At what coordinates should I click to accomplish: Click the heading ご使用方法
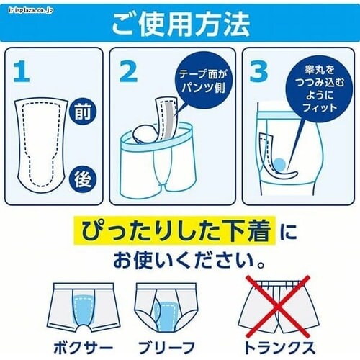pos(181,24)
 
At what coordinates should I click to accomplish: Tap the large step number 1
pos(22,71)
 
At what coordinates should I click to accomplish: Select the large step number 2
pos(128,71)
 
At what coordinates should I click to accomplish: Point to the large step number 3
pos(258,71)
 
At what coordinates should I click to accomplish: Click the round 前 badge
pos(83,112)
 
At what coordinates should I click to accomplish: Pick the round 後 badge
pos(83,179)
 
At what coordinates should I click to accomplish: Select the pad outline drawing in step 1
pos(40,145)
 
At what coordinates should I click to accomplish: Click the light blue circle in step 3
pos(279,164)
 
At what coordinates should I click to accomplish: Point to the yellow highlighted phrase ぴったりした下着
pos(175,230)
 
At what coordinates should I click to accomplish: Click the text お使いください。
pos(189,261)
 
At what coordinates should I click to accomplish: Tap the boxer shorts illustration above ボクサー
pos(83,307)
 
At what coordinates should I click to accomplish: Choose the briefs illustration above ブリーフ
pos(166,307)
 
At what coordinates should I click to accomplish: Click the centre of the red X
pos(278,307)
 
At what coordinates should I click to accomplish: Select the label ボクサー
pos(83,348)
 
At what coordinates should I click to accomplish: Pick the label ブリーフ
pos(166,348)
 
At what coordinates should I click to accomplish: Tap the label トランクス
pos(279,348)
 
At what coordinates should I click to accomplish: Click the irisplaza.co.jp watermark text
pos(30,11)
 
